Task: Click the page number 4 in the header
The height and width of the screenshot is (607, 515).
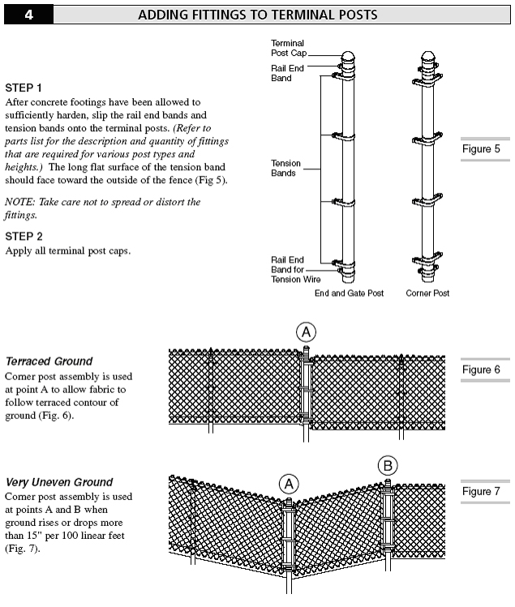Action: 28,15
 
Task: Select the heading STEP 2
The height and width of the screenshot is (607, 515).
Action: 24,236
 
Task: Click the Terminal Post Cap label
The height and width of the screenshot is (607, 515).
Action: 287,47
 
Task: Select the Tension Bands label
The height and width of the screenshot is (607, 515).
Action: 285,168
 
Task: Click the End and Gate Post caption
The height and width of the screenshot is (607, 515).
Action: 349,293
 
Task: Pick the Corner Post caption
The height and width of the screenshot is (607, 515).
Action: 427,293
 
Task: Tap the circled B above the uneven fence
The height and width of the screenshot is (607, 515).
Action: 387,465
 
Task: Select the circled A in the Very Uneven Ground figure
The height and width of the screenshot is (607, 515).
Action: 290,484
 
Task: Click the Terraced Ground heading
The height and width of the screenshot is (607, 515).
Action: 49,361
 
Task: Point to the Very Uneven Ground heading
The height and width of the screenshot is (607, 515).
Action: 59,482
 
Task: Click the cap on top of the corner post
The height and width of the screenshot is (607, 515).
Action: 427,60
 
